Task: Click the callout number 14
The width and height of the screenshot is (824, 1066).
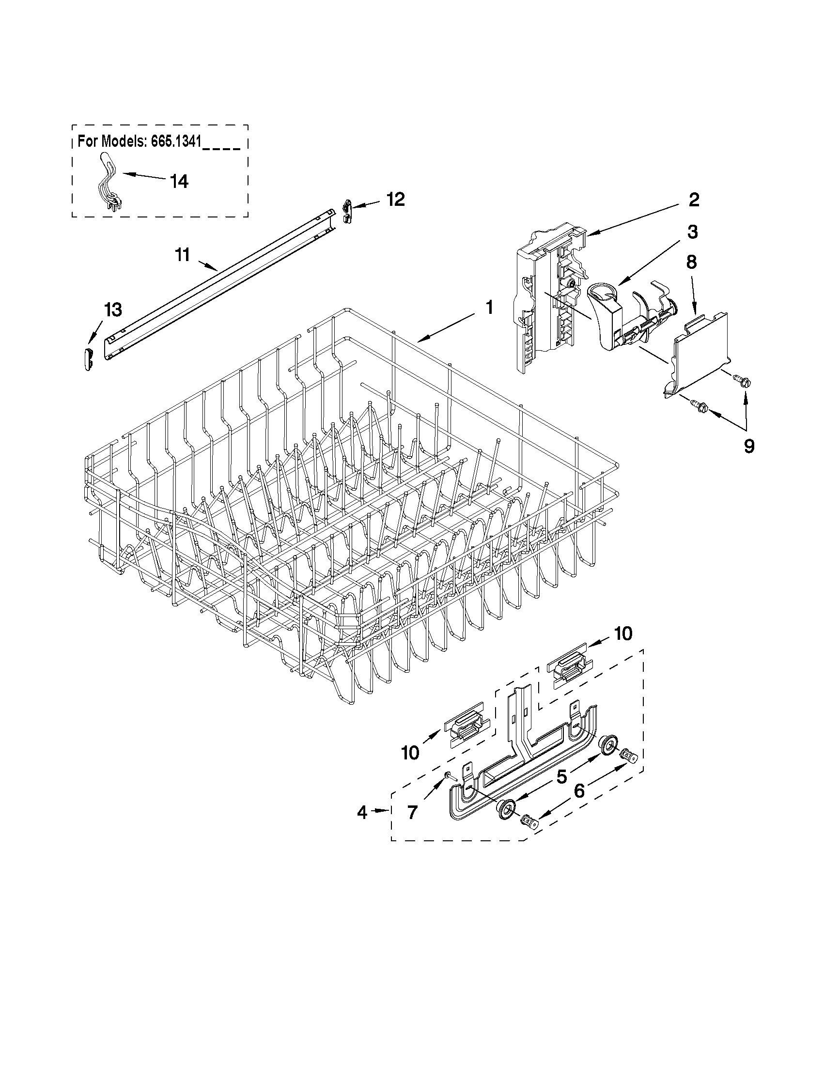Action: point(179,182)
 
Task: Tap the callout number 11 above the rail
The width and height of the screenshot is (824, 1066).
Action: point(182,255)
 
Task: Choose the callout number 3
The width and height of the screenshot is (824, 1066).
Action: point(692,232)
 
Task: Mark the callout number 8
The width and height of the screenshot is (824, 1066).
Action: point(691,262)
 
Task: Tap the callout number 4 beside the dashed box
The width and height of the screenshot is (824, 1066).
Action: point(362,812)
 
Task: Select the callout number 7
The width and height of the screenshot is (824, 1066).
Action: point(413,813)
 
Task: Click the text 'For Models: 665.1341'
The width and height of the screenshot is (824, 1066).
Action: point(140,141)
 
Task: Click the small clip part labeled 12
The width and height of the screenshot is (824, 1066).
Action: point(346,210)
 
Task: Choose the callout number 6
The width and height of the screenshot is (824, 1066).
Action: point(579,791)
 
